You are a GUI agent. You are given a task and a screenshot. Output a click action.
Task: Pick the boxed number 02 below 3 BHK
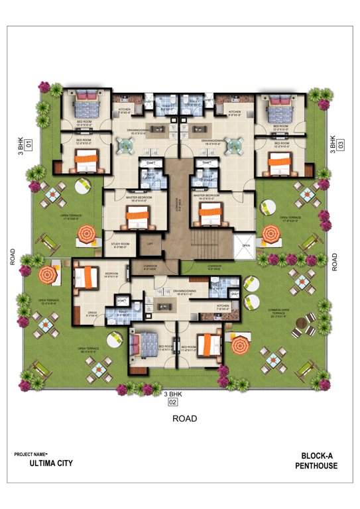(173, 402)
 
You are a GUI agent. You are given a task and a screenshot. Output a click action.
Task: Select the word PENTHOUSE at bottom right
(316, 466)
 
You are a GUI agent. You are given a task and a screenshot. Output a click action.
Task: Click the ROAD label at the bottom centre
(184, 418)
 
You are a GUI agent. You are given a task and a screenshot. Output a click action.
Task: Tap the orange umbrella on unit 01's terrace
(86, 234)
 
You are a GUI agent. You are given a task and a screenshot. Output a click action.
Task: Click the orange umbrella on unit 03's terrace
(270, 234)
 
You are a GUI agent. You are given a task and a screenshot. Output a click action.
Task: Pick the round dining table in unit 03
(235, 144)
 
